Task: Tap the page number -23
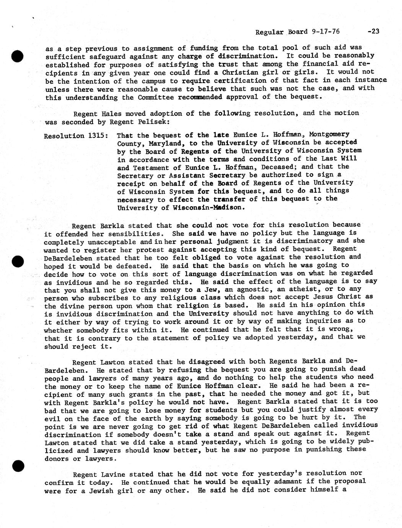(x=373, y=31)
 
